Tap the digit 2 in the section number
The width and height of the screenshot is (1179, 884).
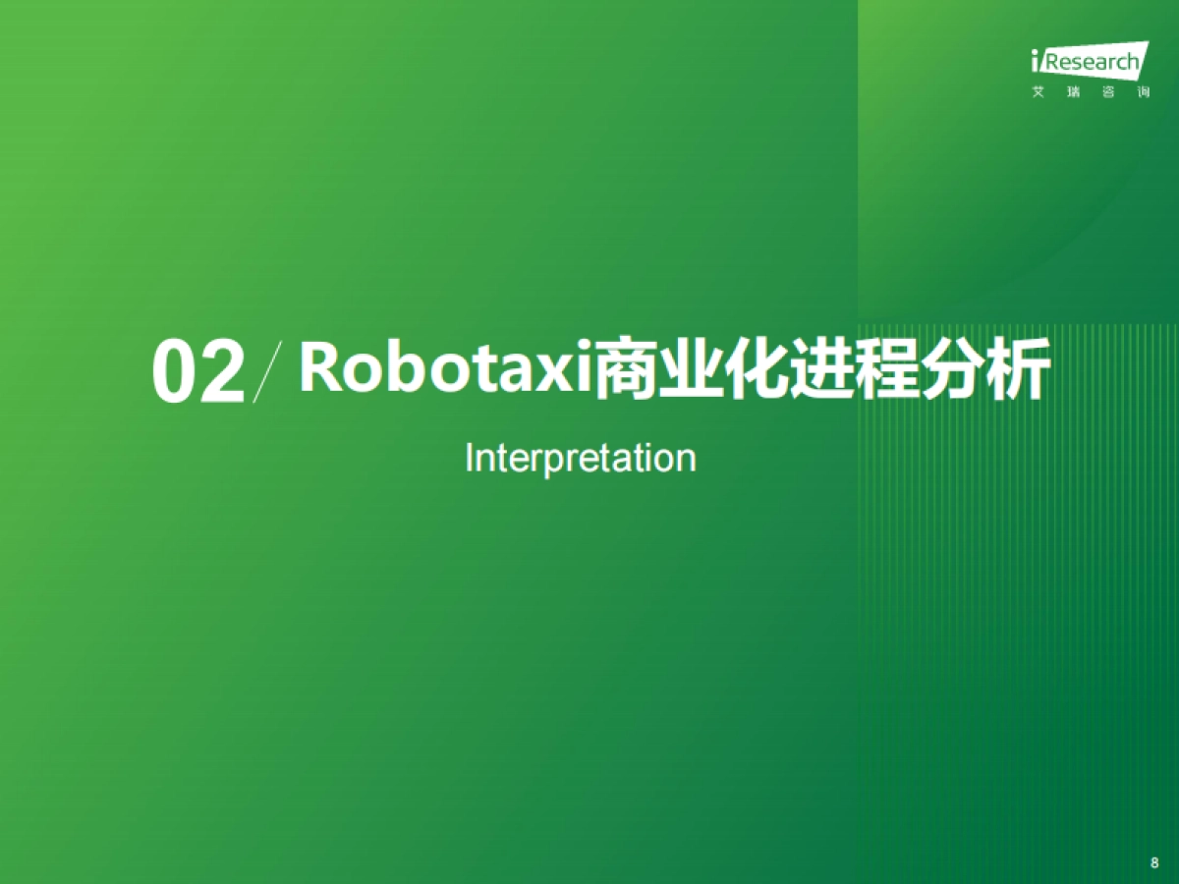[x=221, y=372]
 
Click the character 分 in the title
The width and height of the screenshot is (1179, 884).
[x=953, y=368]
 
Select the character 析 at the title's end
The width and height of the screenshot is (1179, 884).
[x=1018, y=368]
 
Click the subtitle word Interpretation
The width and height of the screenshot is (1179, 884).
[x=580, y=458]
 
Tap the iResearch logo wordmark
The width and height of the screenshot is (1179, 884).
[x=1088, y=63]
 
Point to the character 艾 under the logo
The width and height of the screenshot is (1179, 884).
[x=1039, y=92]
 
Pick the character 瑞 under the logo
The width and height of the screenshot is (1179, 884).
[x=1072, y=92]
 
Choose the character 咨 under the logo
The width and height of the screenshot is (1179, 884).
[x=1105, y=92]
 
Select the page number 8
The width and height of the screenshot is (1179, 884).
[x=1153, y=862]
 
